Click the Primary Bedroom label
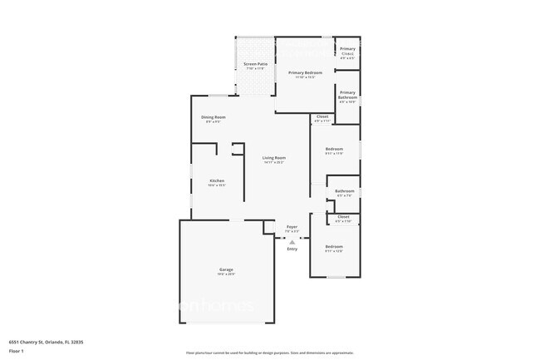pyautogui.click(x=305, y=73)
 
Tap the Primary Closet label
pyautogui.click(x=347, y=52)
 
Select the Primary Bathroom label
pyautogui.click(x=347, y=95)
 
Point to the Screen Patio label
pyautogui.click(x=255, y=64)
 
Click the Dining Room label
pyautogui.click(x=214, y=117)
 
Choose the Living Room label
pyautogui.click(x=274, y=158)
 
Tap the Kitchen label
pyautogui.click(x=217, y=180)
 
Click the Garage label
pyautogui.click(x=226, y=269)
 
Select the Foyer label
pyautogui.click(x=292, y=227)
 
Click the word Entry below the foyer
pyautogui.click(x=292, y=249)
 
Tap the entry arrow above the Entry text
pyautogui.click(x=292, y=241)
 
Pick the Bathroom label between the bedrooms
pyautogui.click(x=345, y=191)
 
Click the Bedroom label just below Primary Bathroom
pyautogui.click(x=334, y=149)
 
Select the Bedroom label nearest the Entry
pyautogui.click(x=334, y=246)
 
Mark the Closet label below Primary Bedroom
pyautogui.click(x=322, y=116)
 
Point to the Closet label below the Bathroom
pyautogui.click(x=343, y=217)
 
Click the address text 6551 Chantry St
pyautogui.click(x=47, y=341)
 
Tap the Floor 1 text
pyautogui.click(x=17, y=352)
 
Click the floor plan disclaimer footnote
pyautogui.click(x=269, y=353)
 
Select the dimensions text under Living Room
pyautogui.click(x=274, y=163)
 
